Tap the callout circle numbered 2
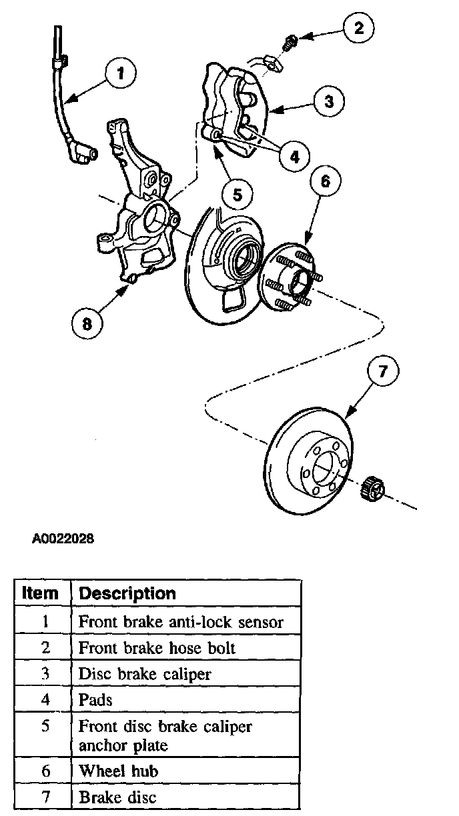pyautogui.click(x=359, y=28)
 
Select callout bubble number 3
pyautogui.click(x=329, y=101)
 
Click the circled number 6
pyautogui.click(x=324, y=181)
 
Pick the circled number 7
pyautogui.click(x=383, y=372)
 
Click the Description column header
pyautogui.click(x=127, y=593)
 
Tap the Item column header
pyautogui.click(x=40, y=593)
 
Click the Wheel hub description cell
pyautogui.click(x=119, y=771)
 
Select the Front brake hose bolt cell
pyautogui.click(x=157, y=647)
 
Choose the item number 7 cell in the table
pyautogui.click(x=45, y=797)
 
